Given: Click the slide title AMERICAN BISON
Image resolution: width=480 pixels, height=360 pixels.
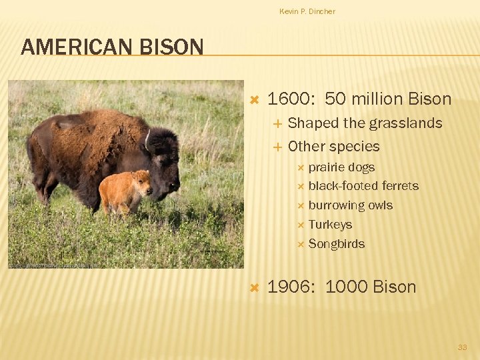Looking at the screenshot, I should point(112,47).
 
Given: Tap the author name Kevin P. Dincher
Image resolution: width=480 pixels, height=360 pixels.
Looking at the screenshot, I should point(307,11).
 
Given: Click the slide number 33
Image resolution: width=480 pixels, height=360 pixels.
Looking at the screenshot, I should point(462,347).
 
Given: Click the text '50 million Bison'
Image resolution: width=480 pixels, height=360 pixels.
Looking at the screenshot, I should point(388,99).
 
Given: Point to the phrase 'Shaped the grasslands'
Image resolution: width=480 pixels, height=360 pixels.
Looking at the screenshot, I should point(365,123).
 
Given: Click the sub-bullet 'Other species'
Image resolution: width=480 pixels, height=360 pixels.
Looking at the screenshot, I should point(333,147).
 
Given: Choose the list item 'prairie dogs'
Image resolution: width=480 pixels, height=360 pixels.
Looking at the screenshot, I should point(341,167).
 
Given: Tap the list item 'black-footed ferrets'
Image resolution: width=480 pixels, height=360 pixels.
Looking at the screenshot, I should point(363,186).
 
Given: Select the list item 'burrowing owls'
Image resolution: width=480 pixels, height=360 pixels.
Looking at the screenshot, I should point(350,205).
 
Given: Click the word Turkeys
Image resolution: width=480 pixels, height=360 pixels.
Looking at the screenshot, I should point(330,225).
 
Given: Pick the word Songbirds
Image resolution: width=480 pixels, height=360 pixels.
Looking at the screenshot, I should point(336,244).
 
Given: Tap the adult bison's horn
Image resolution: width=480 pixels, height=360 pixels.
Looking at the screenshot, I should point(147,139).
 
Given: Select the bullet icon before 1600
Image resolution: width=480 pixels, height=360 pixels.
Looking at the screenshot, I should point(253,100).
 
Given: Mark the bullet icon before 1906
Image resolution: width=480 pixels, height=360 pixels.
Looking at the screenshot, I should point(253,288).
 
